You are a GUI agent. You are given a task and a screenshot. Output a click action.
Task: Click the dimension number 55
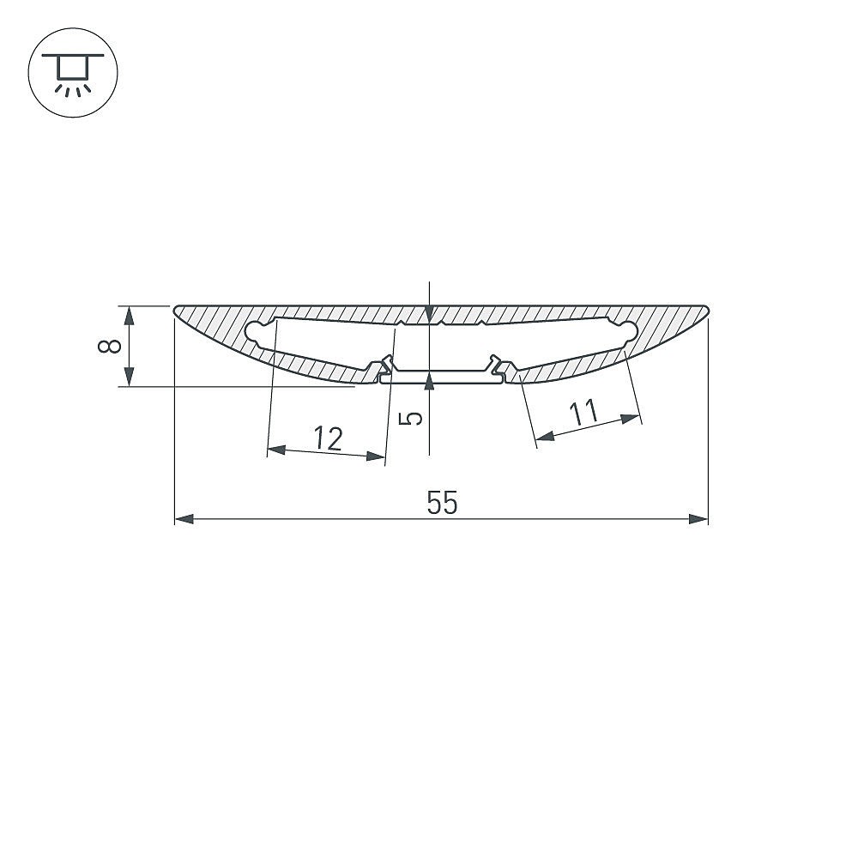442,503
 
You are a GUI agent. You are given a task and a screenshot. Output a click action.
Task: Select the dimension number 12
329,438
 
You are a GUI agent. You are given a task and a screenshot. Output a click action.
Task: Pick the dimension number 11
583,413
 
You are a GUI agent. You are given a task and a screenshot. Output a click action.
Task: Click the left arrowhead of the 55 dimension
184,519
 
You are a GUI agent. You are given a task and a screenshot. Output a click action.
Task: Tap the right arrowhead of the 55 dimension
698,519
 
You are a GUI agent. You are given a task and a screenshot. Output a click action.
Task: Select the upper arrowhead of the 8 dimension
130,316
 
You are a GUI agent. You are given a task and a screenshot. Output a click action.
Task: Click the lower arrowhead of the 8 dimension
130,377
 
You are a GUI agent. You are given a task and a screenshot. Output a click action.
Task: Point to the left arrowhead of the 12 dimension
276,450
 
